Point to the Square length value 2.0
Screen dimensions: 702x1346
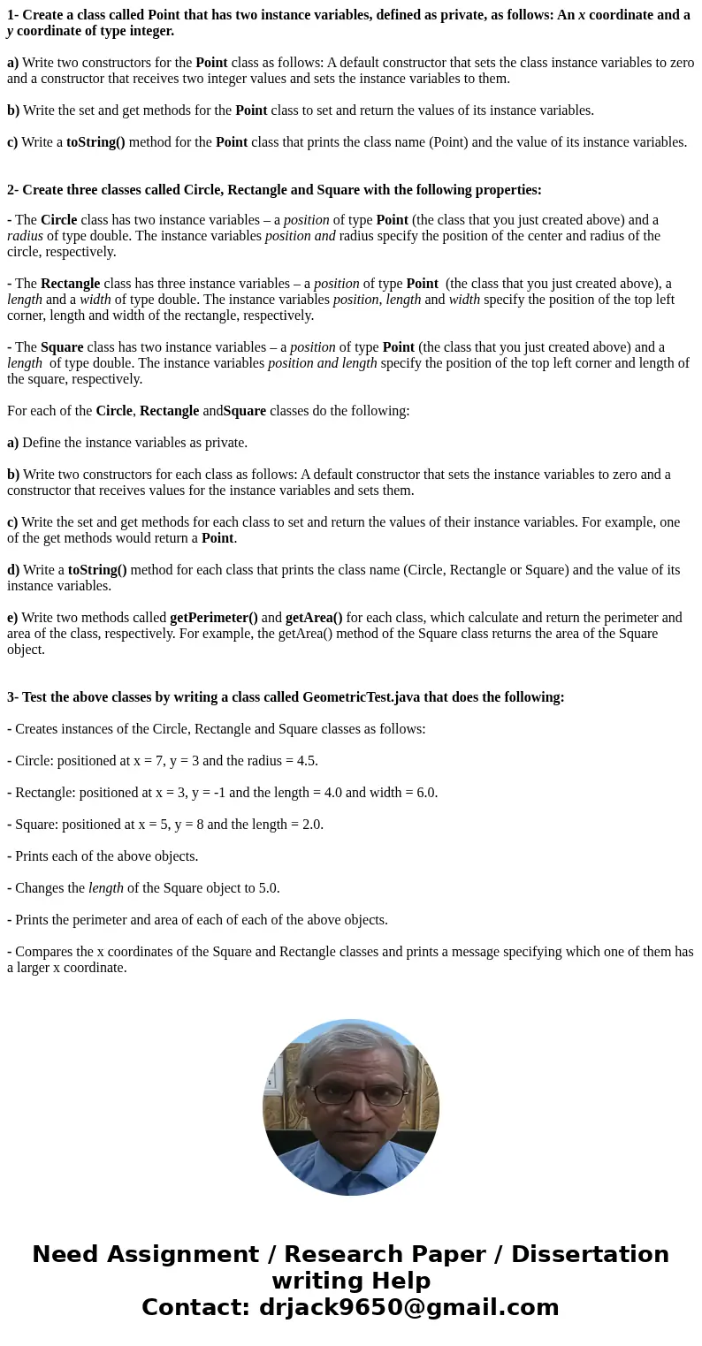click(x=311, y=825)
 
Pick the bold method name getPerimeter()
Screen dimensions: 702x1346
click(x=214, y=618)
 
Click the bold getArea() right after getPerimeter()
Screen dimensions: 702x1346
click(x=314, y=618)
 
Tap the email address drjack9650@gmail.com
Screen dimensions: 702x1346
click(x=408, y=1307)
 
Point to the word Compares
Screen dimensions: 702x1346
click(x=44, y=952)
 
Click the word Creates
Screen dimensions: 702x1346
click(x=39, y=729)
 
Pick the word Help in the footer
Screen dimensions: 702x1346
click(x=401, y=1281)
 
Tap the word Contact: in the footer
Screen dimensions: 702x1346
click(x=195, y=1307)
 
